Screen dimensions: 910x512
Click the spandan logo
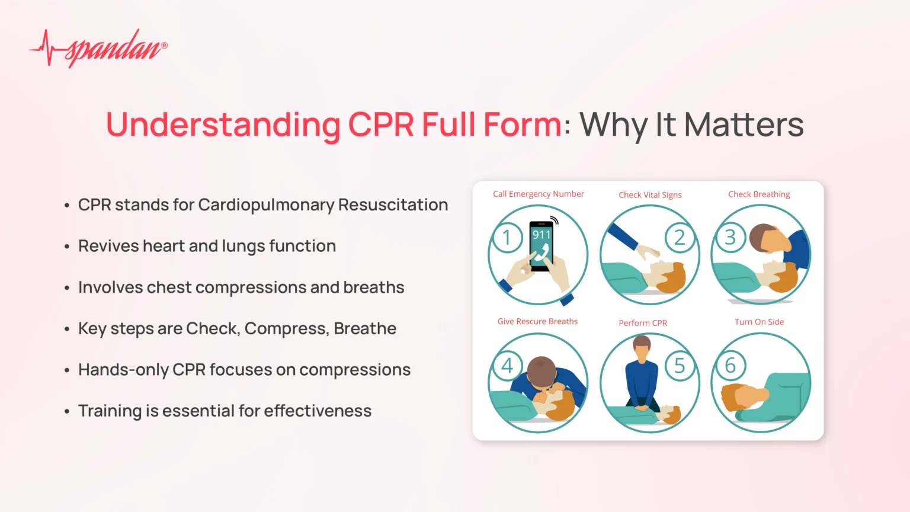(98, 48)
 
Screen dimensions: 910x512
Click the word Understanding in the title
(223, 125)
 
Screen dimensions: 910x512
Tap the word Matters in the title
(744, 124)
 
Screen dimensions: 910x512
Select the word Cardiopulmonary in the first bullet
(266, 205)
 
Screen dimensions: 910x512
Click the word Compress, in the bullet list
(287, 329)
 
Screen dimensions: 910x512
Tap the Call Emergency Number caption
(539, 194)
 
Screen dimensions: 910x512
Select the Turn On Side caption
(760, 322)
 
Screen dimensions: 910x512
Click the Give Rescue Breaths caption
(537, 321)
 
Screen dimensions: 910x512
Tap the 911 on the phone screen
(541, 235)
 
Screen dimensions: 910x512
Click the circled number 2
(680, 238)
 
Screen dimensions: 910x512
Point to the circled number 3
(730, 237)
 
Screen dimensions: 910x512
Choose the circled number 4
(507, 365)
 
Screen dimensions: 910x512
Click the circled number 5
(680, 365)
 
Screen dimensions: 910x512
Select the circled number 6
(730, 365)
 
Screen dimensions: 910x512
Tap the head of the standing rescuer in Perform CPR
(642, 347)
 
